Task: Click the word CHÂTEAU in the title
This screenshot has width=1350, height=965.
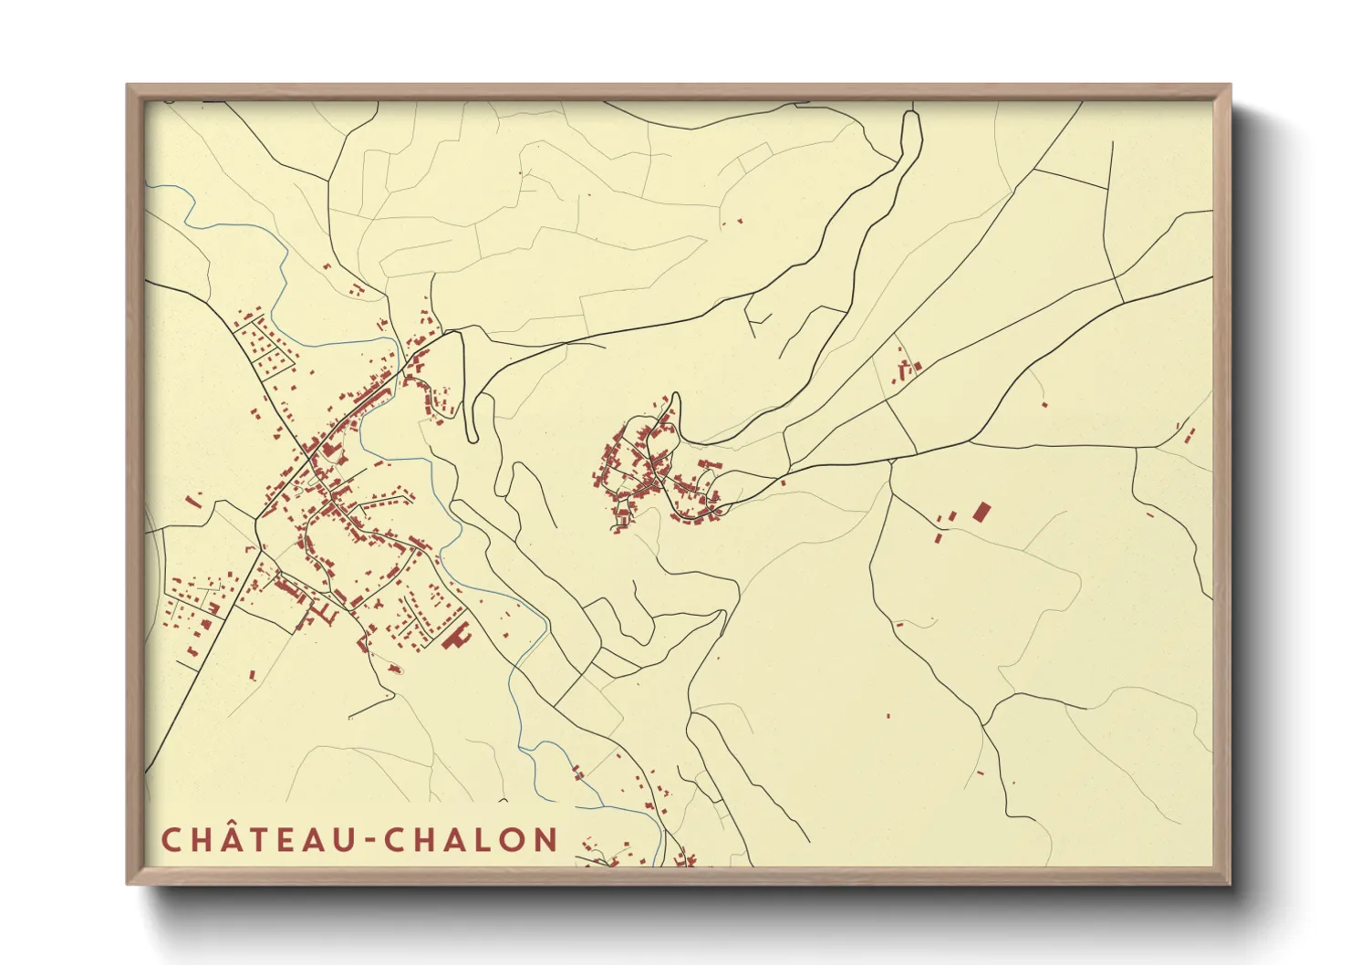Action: point(257,840)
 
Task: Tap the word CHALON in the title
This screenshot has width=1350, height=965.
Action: point(472,840)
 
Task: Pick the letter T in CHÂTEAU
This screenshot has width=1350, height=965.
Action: point(258,840)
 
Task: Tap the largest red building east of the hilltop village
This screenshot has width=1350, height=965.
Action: point(981,511)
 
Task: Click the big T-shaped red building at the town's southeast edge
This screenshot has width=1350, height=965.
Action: point(454,635)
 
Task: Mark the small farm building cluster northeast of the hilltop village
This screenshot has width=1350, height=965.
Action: point(907,368)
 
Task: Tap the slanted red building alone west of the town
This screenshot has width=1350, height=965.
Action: point(192,500)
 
